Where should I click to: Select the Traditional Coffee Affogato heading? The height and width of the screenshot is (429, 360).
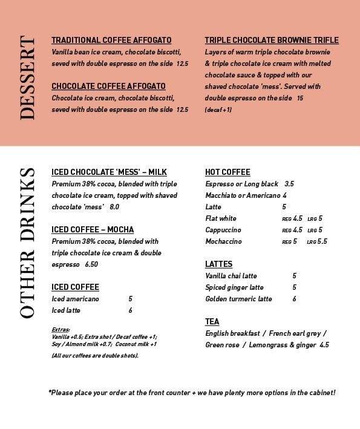coord(111,40)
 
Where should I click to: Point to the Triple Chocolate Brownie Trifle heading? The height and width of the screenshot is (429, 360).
coord(272,40)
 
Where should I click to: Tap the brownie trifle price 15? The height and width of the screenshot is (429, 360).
coord(299,98)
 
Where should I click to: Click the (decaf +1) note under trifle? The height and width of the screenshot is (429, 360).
coord(218,110)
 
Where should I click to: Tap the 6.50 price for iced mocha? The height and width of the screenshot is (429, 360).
coord(92,264)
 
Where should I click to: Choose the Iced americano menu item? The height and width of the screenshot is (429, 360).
coord(76,299)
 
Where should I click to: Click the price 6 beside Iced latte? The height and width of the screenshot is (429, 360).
coord(130,310)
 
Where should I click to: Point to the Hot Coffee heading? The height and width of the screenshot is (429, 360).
coord(227,172)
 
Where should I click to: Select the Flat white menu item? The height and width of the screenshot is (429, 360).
coord(221,218)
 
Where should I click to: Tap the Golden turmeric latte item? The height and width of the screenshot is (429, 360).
coord(239,299)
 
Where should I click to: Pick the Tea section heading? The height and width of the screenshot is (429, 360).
coord(212,321)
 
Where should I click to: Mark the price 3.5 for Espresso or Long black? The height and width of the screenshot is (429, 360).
coord(289,184)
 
